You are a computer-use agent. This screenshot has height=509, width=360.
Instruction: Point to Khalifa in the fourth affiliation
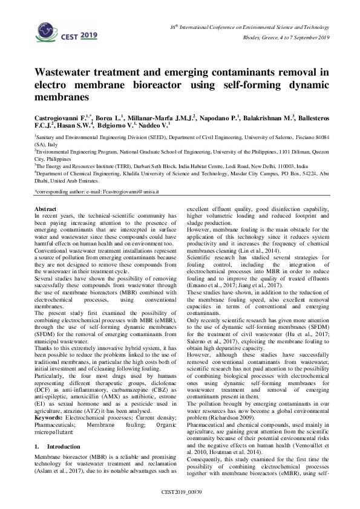[125, 172]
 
